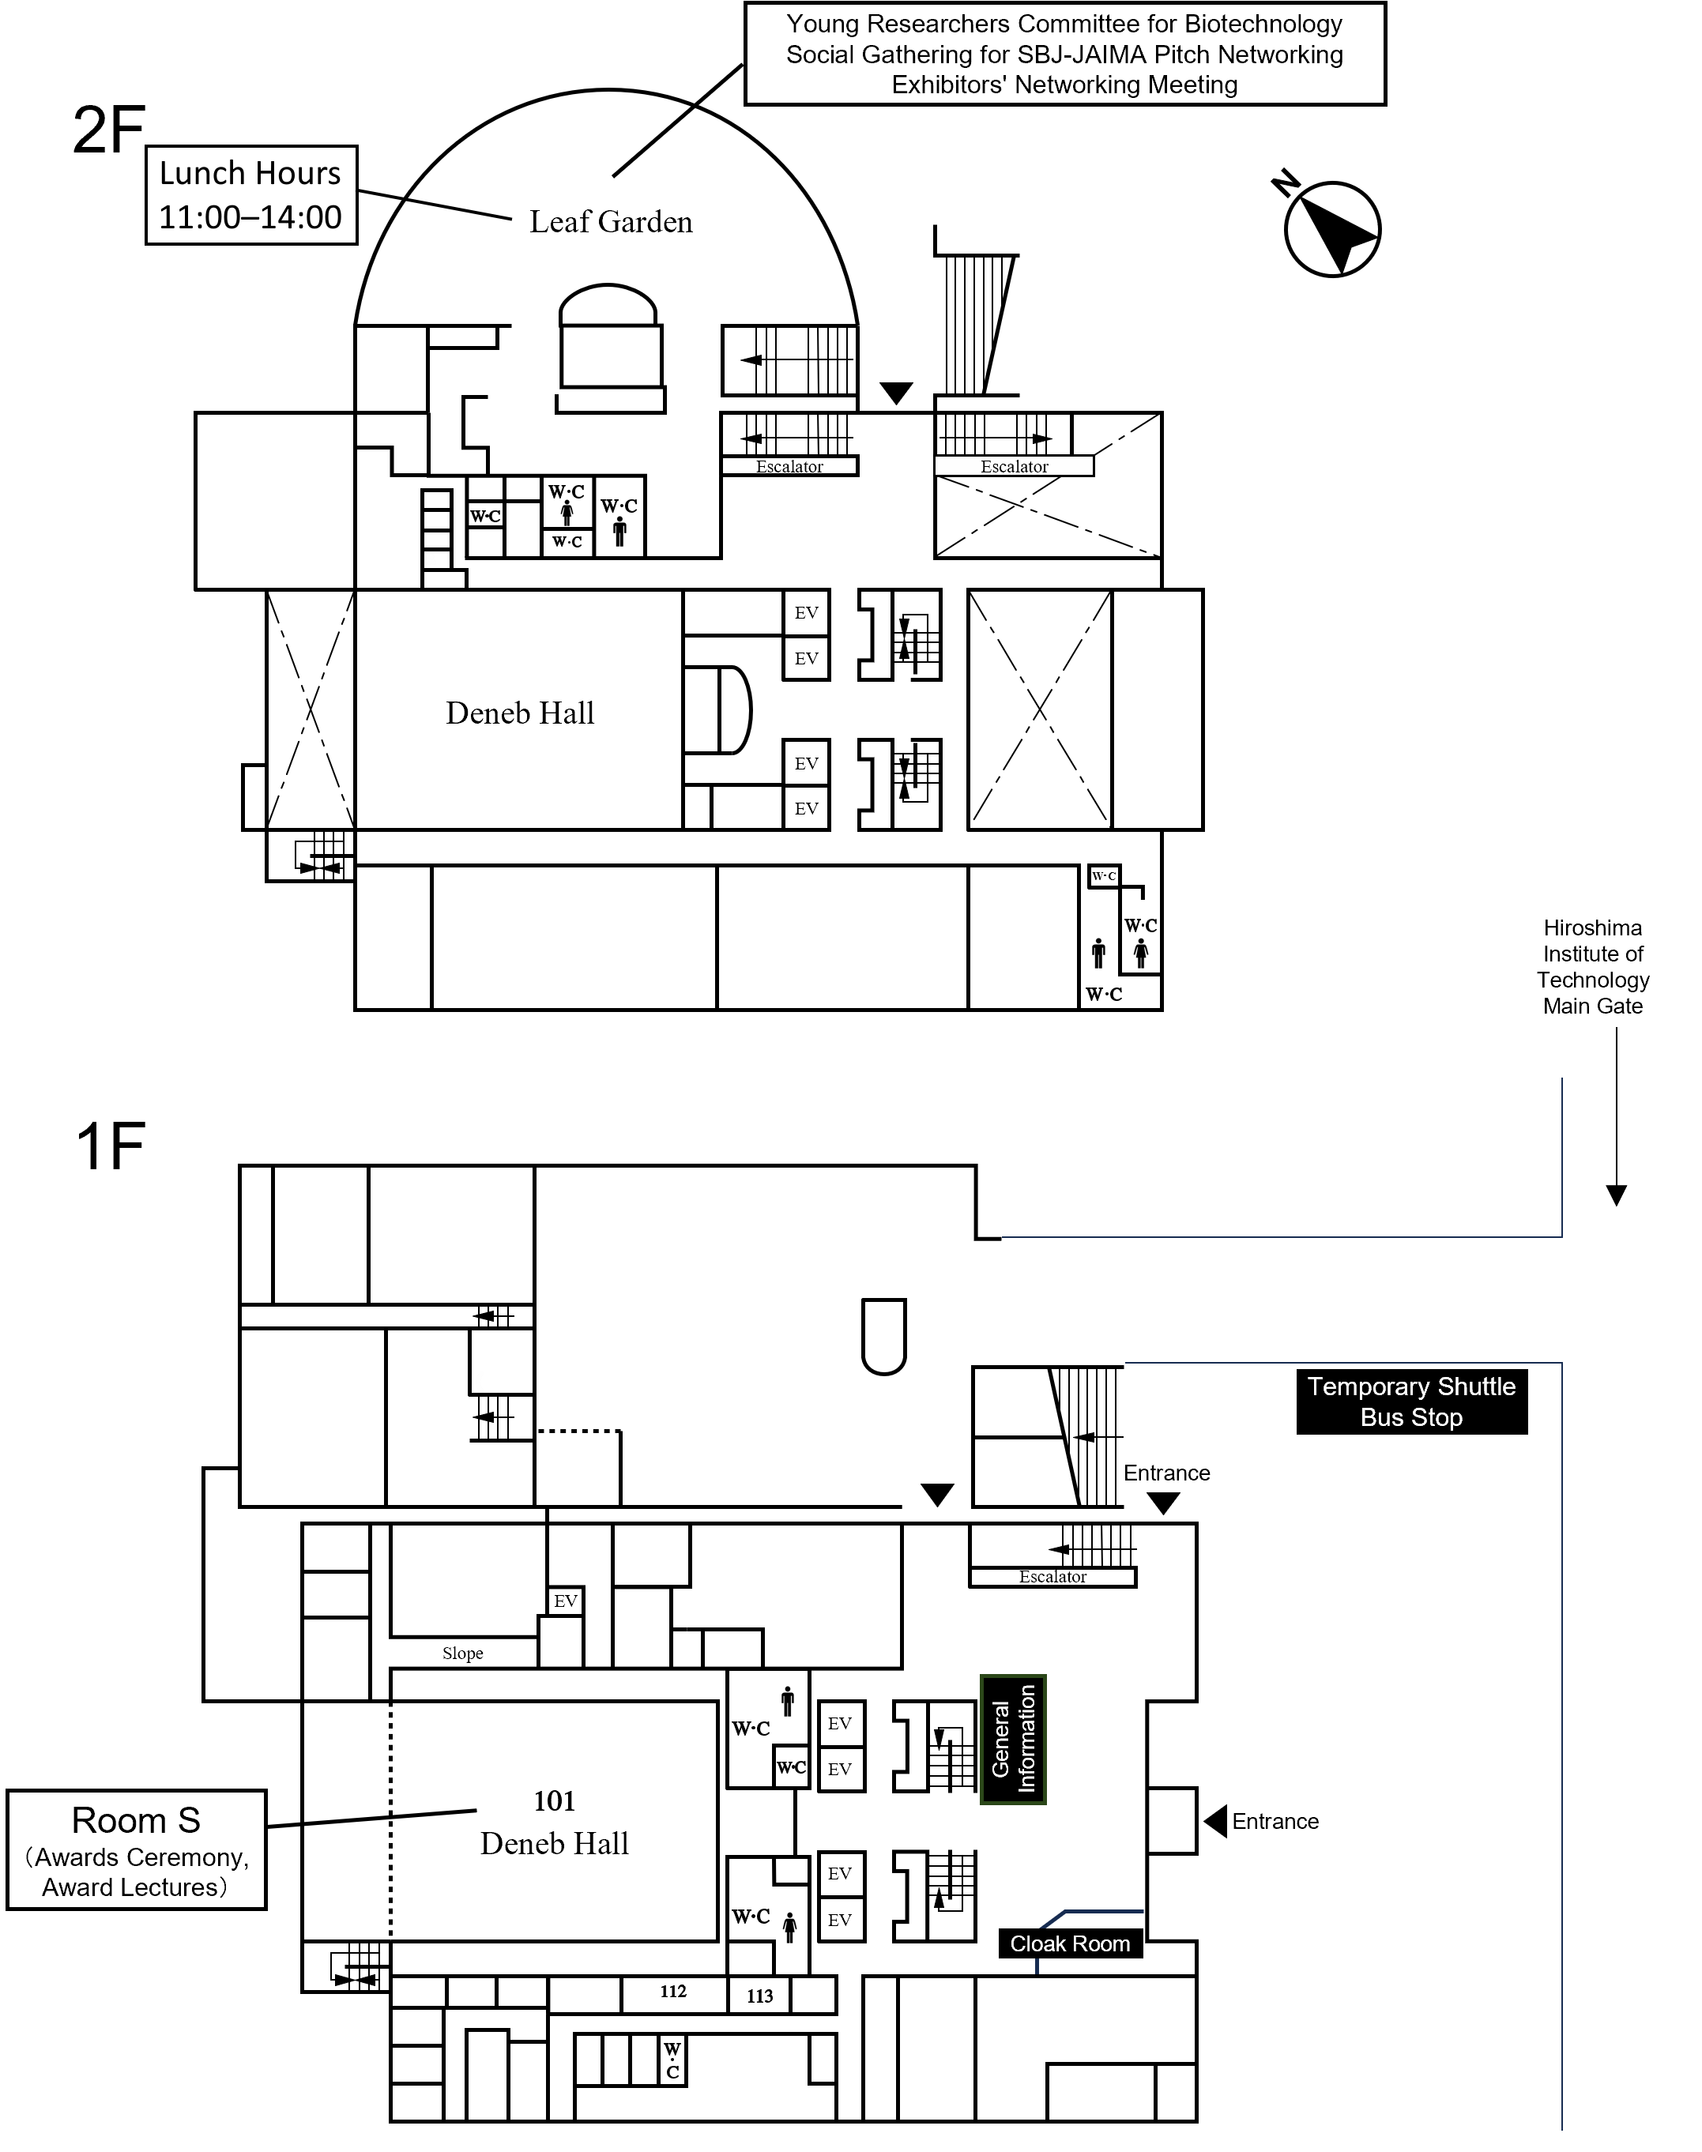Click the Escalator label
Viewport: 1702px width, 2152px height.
coord(1014,466)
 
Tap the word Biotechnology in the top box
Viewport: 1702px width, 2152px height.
coord(1263,24)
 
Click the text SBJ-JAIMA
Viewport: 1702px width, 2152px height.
coord(1081,55)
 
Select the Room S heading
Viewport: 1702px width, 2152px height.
coord(137,1820)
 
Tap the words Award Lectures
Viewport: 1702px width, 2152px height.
coord(130,1887)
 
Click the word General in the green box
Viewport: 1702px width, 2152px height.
coord(1000,1740)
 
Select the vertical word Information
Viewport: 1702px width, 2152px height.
coord(1026,1739)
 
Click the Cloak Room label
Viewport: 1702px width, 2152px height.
coord(1069,1943)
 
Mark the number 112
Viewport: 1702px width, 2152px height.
coord(674,1992)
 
